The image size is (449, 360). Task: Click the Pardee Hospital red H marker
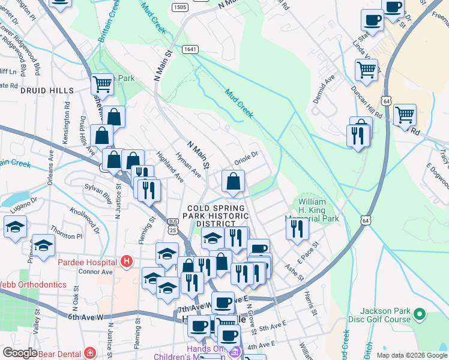click(126, 262)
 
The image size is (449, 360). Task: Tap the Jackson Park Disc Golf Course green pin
click(420, 314)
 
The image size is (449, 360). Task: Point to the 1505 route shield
click(179, 7)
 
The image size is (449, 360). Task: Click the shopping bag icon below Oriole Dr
click(234, 181)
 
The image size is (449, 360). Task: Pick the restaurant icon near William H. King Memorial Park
click(297, 229)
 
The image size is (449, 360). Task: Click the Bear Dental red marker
click(90, 352)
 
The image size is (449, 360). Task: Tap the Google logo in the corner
click(20, 353)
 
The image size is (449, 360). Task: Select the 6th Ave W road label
click(85, 316)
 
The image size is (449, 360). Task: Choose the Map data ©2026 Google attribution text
click(411, 355)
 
